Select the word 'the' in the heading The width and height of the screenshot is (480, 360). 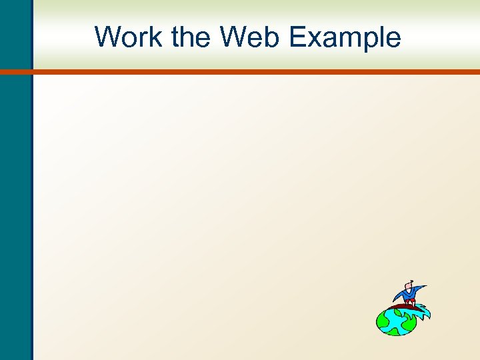click(192, 37)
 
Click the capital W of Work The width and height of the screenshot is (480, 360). click(108, 37)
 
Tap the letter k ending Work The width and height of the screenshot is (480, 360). click(158, 37)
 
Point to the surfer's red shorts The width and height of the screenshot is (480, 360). click(409, 302)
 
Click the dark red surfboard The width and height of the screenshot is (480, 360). click(400, 307)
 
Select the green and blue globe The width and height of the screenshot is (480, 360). click(396, 321)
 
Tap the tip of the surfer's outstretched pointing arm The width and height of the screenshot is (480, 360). click(425, 287)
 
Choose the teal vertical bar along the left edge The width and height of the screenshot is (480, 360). click(15, 200)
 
